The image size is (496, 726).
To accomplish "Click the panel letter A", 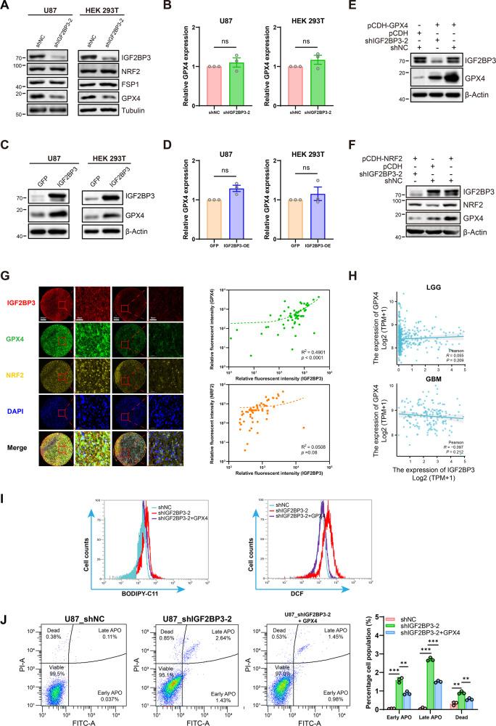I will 7,7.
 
